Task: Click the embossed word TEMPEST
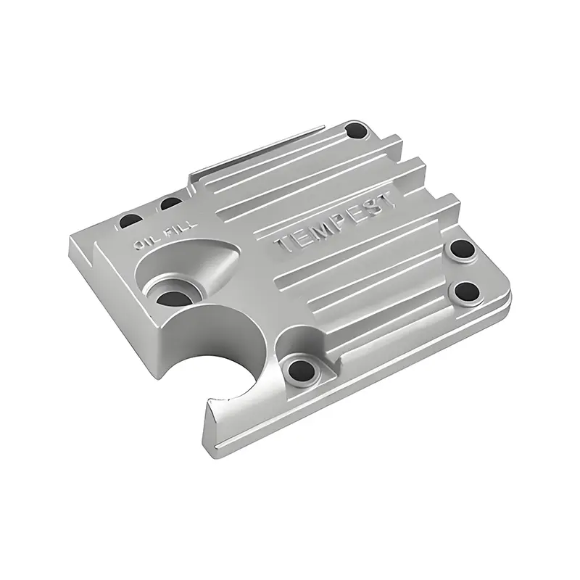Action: click(x=336, y=223)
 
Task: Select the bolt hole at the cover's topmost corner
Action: click(x=356, y=132)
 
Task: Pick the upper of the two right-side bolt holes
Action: click(x=461, y=251)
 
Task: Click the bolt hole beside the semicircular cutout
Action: click(x=300, y=371)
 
